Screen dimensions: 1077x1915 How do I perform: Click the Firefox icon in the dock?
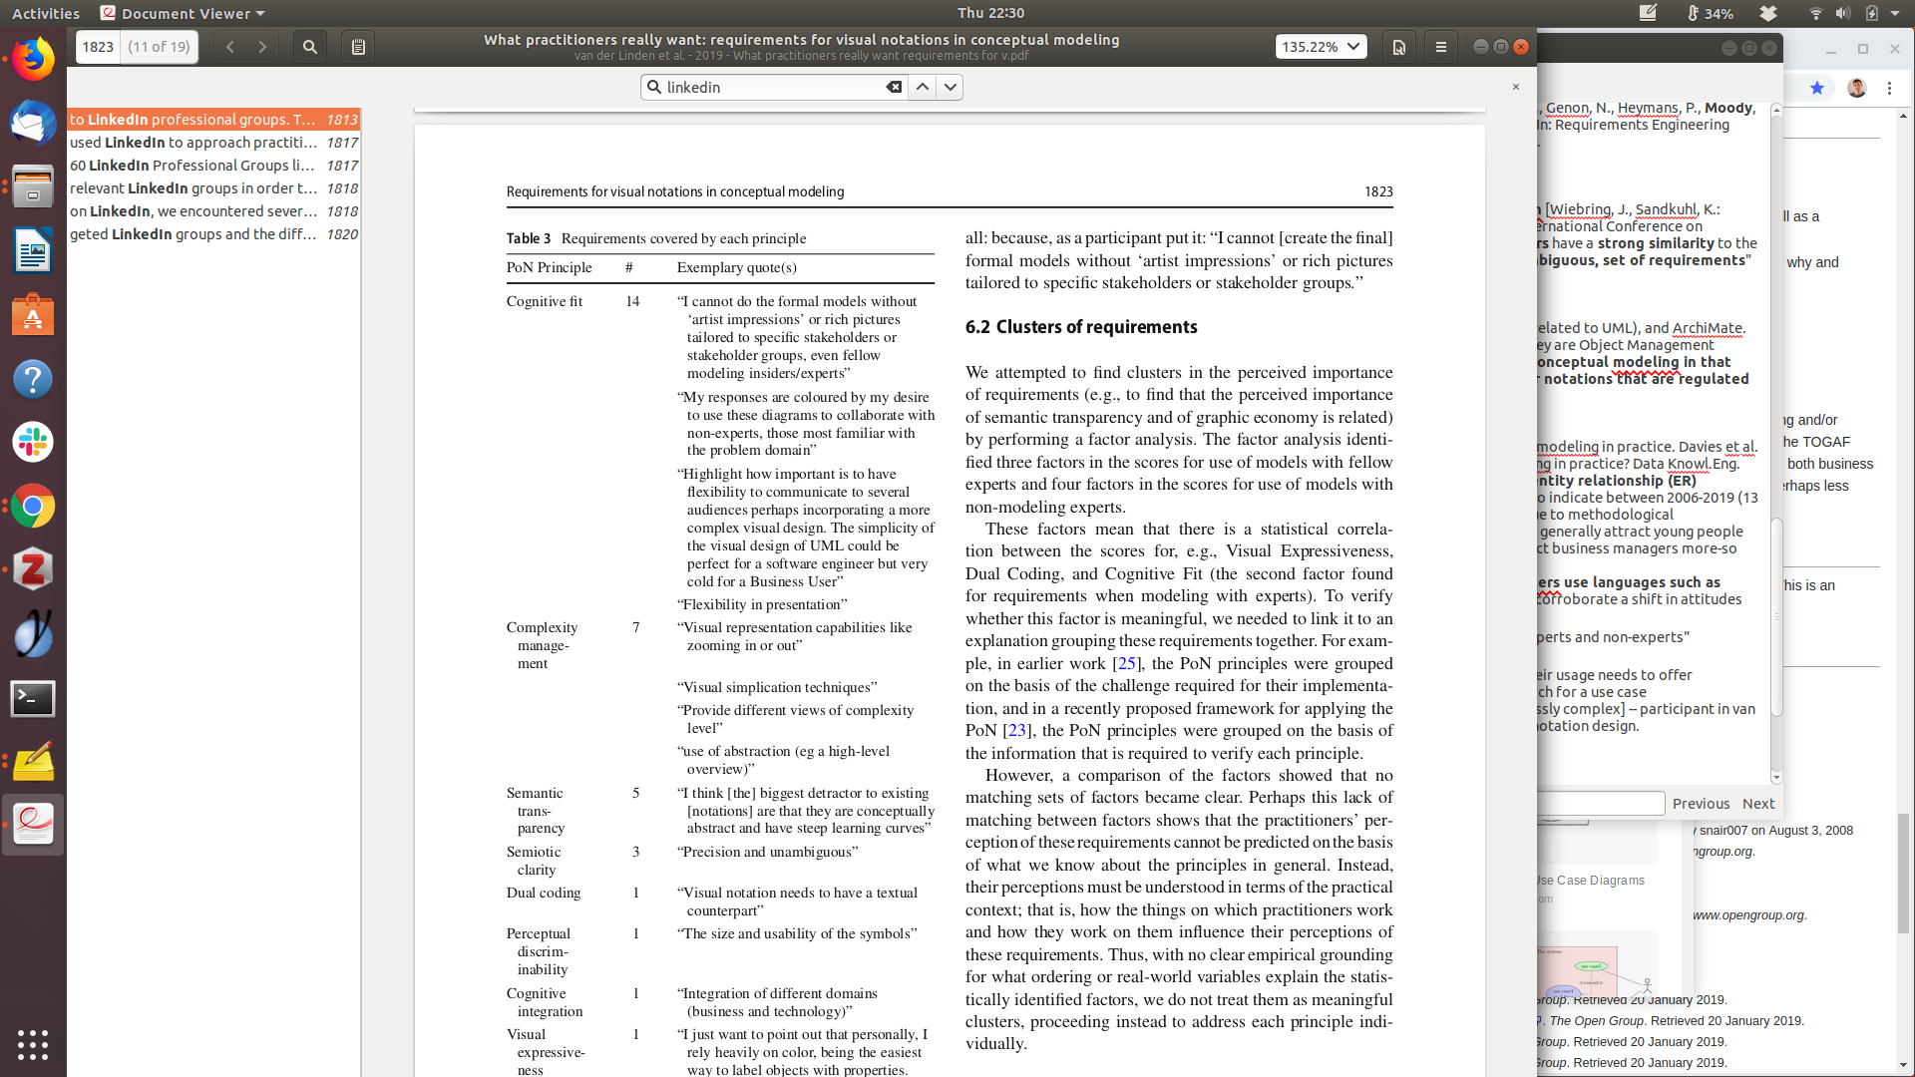pos(33,60)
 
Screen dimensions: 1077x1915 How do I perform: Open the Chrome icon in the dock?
pos(33,507)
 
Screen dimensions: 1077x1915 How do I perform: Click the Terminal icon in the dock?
pos(33,699)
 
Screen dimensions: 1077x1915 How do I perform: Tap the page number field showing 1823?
pos(98,47)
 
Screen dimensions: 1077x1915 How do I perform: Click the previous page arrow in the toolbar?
pos(230,47)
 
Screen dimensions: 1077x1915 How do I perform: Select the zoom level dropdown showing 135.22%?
pos(1321,47)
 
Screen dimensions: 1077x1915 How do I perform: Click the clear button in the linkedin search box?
pos(894,88)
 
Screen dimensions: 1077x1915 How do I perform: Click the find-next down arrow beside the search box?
pos(951,88)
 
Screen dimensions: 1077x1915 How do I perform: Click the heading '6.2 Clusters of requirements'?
pos(1081,327)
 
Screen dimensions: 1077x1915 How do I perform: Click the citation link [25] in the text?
pos(1126,663)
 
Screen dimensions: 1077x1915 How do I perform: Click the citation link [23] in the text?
pos(1016,730)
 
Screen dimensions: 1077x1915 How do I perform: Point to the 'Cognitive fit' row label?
pos(544,301)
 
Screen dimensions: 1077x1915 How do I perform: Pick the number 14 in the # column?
pos(632,301)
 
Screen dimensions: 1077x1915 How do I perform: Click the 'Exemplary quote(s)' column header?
pos(736,267)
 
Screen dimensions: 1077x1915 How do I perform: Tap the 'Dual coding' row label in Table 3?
pos(543,893)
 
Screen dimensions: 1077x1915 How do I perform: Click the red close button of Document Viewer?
pos(1521,47)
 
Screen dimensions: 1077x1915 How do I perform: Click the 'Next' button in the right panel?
pos(1757,804)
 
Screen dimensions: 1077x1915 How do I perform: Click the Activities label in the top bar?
pos(46,13)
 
